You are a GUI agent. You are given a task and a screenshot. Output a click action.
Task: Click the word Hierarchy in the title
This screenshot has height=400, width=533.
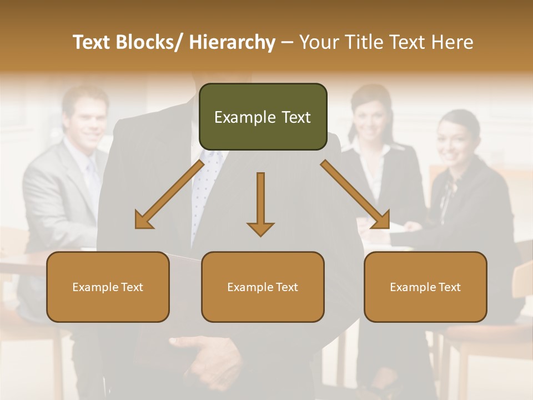232,42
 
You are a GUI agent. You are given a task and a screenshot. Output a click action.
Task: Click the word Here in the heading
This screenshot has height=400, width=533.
454,42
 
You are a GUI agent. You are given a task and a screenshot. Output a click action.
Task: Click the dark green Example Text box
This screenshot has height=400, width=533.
263,117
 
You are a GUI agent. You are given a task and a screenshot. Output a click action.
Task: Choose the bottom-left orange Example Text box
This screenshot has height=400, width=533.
108,287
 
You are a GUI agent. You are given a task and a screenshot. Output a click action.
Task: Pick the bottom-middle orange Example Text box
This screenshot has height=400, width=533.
263,287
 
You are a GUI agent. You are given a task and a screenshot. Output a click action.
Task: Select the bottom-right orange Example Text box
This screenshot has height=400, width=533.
425,287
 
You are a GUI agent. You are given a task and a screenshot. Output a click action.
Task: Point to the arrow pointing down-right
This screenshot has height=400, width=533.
355,194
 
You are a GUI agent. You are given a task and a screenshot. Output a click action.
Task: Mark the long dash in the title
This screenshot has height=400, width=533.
287,42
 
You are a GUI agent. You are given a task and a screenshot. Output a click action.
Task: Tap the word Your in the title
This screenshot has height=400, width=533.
319,42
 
